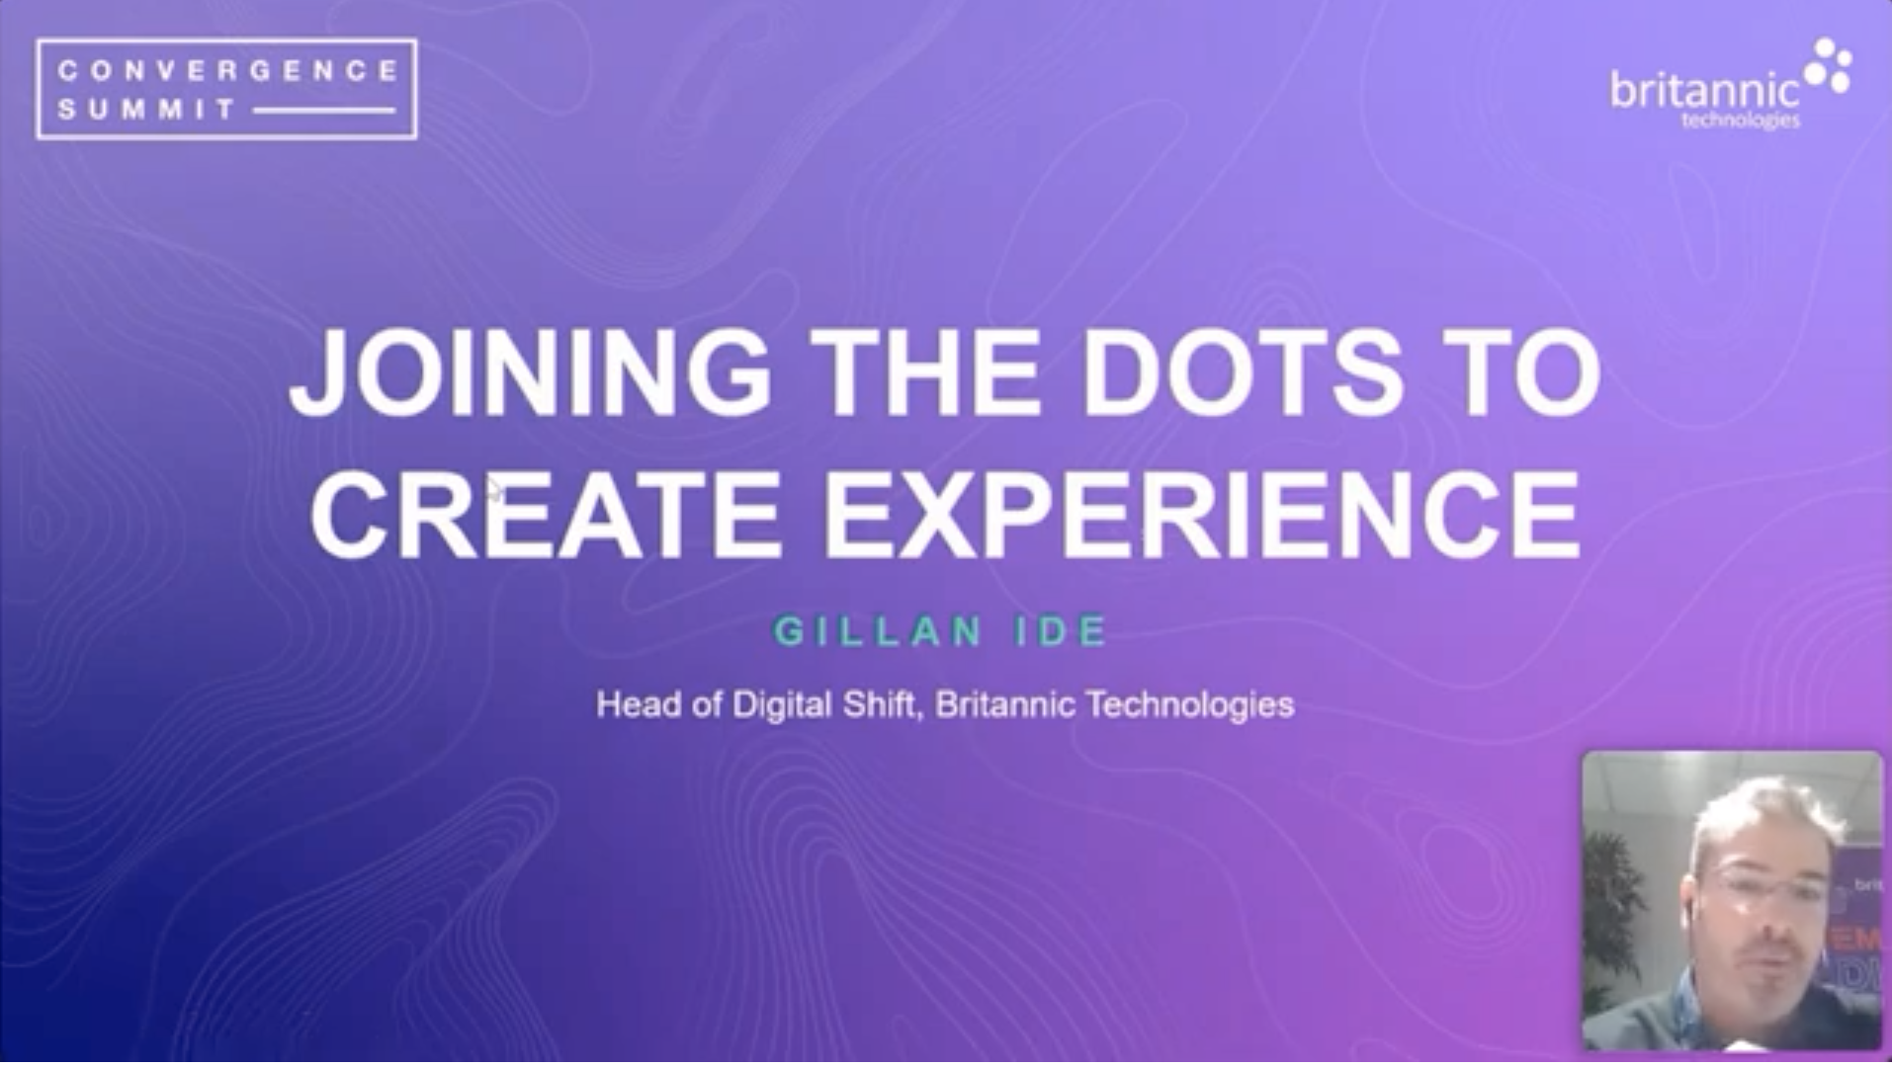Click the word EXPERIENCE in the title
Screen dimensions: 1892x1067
pos(1202,515)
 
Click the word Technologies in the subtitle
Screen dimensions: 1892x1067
pos(1190,705)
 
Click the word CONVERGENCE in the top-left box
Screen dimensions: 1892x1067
pos(227,70)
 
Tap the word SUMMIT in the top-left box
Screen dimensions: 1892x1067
pos(146,109)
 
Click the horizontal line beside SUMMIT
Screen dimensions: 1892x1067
pos(324,111)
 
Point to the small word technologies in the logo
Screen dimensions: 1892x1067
pos(1740,121)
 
